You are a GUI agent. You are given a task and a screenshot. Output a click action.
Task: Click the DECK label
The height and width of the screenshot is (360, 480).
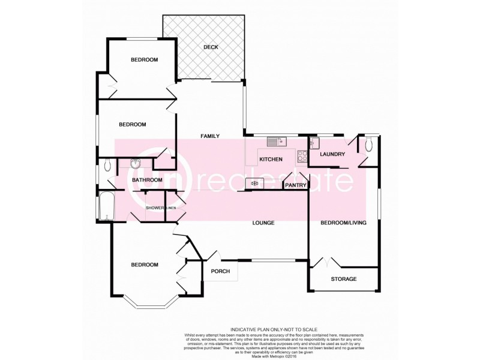(209, 47)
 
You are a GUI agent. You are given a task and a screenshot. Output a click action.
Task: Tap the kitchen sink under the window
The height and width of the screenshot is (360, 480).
(277, 142)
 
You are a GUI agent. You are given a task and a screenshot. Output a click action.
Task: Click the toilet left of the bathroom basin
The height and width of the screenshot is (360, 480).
(107, 164)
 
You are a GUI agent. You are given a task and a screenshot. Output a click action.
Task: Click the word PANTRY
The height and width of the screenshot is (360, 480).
(296, 186)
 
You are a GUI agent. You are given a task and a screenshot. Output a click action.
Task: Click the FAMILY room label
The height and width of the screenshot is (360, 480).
(211, 136)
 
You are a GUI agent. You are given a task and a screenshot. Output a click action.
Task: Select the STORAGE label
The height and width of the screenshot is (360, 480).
(344, 279)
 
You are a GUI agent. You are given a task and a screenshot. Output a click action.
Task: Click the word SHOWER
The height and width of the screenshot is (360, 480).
(155, 208)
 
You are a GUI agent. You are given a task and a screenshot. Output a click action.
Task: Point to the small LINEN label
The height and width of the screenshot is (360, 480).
(170, 208)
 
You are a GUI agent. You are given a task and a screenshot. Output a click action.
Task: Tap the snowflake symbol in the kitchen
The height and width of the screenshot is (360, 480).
(255, 183)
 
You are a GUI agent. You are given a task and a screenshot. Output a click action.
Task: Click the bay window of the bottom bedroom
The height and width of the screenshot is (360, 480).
(148, 304)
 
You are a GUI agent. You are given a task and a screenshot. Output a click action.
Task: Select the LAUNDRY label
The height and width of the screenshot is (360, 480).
(332, 154)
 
